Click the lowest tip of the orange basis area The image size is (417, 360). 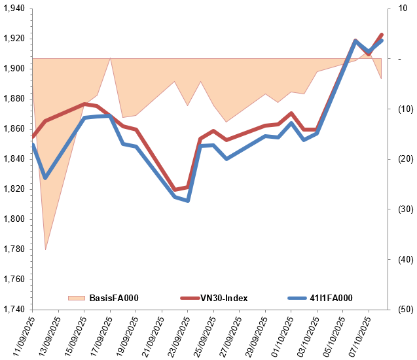pos(45,250)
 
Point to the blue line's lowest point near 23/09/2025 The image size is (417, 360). pos(188,200)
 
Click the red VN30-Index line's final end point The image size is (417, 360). pos(382,35)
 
